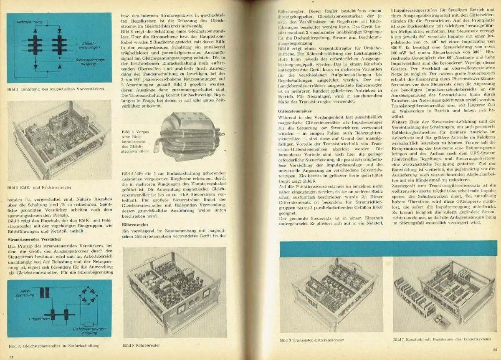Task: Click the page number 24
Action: (x=12, y=357)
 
